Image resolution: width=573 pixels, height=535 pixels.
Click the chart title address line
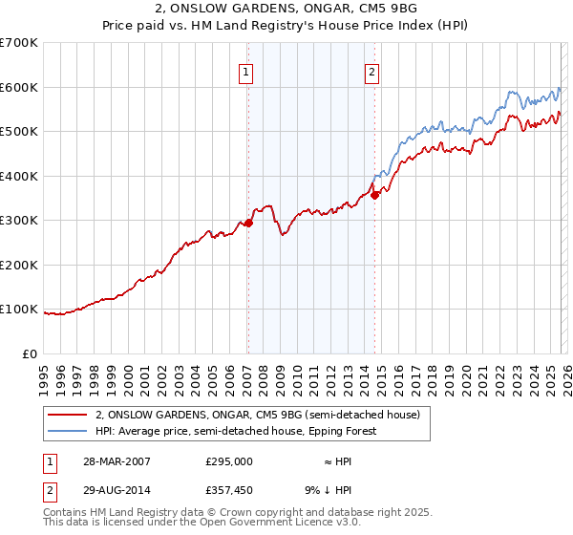click(286, 9)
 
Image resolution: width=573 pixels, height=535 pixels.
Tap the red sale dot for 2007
click(248, 223)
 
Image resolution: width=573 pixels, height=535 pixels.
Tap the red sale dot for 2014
click(375, 195)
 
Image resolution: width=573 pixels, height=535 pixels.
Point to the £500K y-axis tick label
click(18, 132)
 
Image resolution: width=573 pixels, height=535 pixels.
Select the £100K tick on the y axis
click(18, 310)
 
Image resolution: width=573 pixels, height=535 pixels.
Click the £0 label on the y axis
click(29, 353)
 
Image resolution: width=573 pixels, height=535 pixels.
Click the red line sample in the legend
click(68, 415)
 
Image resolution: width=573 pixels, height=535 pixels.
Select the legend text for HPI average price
click(236, 431)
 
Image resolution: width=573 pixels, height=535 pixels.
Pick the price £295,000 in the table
click(229, 460)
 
